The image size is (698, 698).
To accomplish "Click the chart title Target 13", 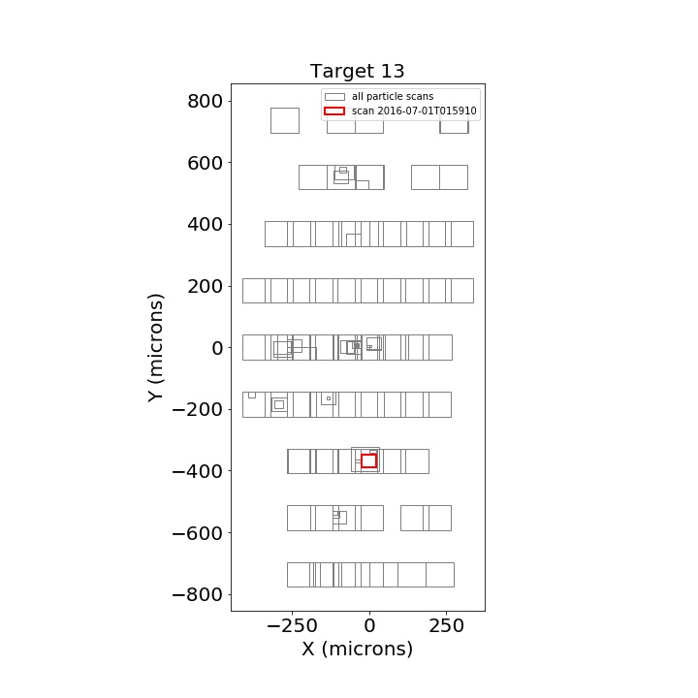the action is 357,71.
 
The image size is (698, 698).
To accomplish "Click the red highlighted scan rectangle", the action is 369,455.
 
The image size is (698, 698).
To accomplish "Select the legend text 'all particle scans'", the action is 393,97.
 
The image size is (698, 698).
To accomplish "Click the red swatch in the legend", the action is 334,111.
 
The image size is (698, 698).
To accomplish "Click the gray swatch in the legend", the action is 334,97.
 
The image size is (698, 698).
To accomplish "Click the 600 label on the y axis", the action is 205,164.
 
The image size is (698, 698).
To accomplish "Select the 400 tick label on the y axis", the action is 205,225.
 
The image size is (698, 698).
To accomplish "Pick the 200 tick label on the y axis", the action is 205,287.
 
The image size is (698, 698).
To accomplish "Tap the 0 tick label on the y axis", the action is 217,348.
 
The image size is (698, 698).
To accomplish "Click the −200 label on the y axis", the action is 197,409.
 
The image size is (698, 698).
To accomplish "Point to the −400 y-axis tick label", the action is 197,471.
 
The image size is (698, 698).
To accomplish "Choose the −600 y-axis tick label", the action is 197,533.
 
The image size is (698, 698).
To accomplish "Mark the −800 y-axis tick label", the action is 197,594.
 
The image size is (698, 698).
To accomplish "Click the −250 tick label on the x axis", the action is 292,626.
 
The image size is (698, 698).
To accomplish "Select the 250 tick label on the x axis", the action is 447,626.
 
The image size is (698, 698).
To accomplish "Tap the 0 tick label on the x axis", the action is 369,626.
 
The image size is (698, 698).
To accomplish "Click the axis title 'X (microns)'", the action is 358,649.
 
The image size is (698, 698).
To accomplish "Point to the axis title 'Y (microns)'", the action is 156,348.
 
